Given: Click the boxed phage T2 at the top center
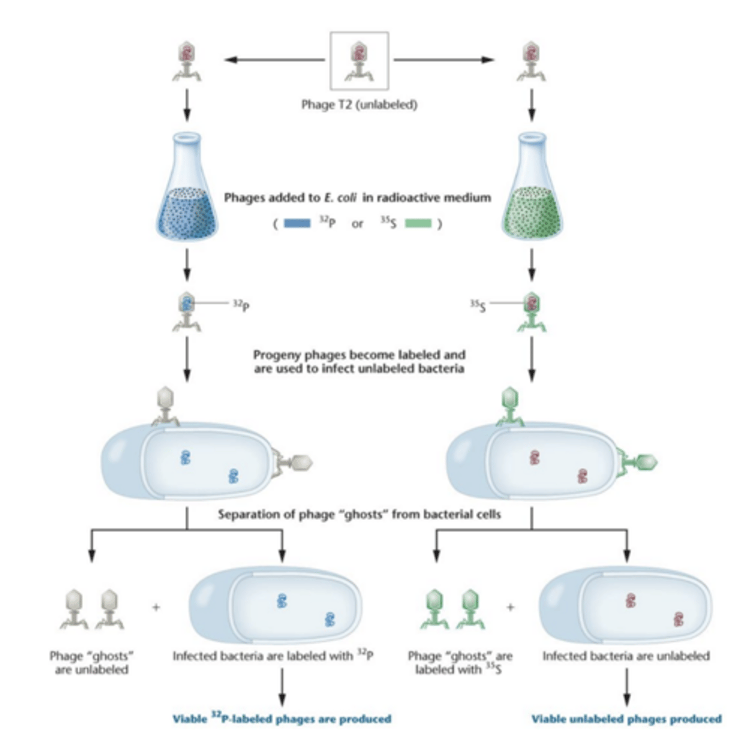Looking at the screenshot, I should pyautogui.click(x=359, y=61).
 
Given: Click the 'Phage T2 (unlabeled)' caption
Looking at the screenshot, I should pyautogui.click(x=359, y=105).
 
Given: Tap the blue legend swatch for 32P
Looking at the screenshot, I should pyautogui.click(x=297, y=223).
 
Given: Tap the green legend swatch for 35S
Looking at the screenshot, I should pyautogui.click(x=418, y=223).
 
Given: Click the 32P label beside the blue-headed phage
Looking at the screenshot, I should pyautogui.click(x=241, y=304).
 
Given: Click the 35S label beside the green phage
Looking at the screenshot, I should pyautogui.click(x=477, y=304).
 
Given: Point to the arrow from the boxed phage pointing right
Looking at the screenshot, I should pyautogui.click(x=444, y=60).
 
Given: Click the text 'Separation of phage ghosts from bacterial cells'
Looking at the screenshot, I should pyautogui.click(x=359, y=514).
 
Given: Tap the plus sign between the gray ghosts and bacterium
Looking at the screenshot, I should pyautogui.click(x=156, y=608).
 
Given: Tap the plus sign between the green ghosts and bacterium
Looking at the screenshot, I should pyautogui.click(x=510, y=608).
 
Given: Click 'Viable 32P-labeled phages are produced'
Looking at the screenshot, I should pyautogui.click(x=282, y=719).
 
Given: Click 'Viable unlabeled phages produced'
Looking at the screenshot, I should pyautogui.click(x=626, y=719).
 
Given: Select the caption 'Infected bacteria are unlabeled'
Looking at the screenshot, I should pyautogui.click(x=626, y=656).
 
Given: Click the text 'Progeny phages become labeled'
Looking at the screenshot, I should pyautogui.click(x=359, y=355).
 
